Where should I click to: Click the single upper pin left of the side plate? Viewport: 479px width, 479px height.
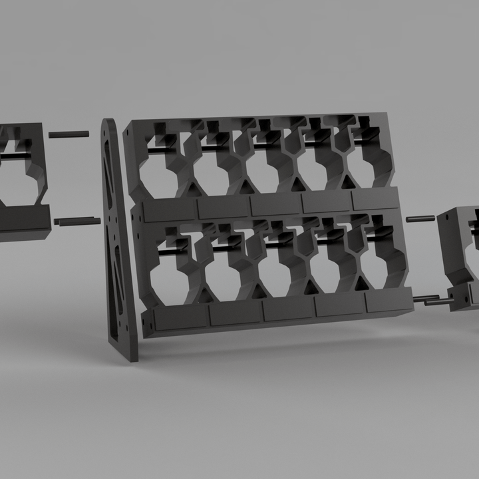pos(69,134)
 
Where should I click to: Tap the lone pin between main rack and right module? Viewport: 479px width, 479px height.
pos(420,218)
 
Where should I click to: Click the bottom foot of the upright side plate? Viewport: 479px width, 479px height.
pos(133,353)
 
